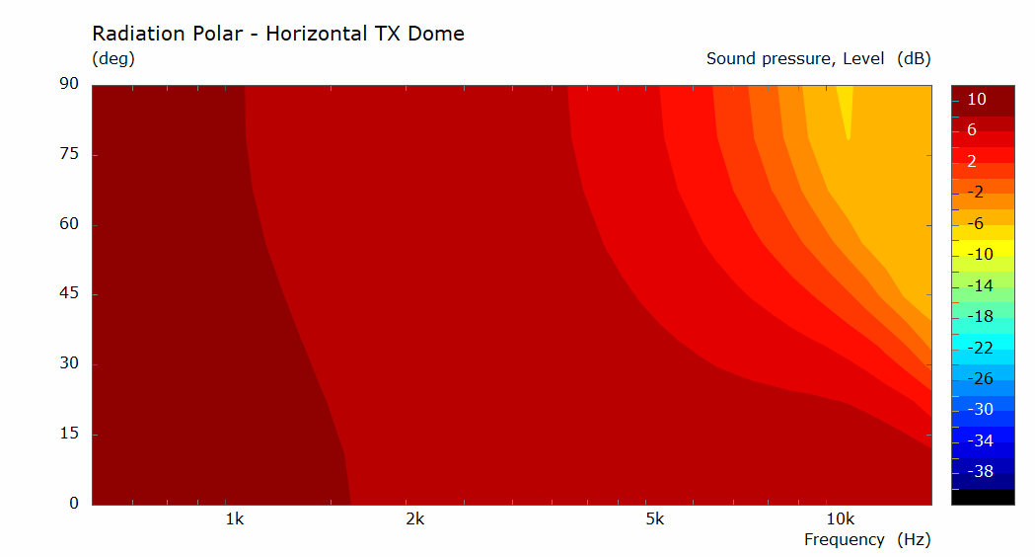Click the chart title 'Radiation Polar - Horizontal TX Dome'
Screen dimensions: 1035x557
[278, 34]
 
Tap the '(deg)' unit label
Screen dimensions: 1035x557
[113, 59]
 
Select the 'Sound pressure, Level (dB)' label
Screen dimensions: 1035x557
[819, 59]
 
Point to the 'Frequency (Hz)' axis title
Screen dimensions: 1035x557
[867, 540]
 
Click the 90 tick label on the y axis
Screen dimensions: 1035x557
[69, 84]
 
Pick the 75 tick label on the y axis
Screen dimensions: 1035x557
[69, 154]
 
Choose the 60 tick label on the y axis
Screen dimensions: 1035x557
[69, 224]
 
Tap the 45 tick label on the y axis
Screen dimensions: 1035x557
[69, 293]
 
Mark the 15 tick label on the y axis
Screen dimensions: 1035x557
[69, 434]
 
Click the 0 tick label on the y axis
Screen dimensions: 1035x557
[74, 504]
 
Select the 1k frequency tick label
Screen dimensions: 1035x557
[234, 519]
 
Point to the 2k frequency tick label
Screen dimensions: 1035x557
[415, 519]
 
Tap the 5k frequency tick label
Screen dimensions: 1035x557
[655, 519]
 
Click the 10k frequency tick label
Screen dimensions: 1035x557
[841, 519]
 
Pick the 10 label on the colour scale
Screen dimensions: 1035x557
[976, 100]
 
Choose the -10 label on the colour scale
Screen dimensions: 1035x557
[980, 255]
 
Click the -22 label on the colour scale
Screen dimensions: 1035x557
[980, 349]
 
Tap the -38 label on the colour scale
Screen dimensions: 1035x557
[980, 472]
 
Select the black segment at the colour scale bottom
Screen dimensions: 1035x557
[983, 497]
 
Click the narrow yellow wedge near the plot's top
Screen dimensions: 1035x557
[846, 106]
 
